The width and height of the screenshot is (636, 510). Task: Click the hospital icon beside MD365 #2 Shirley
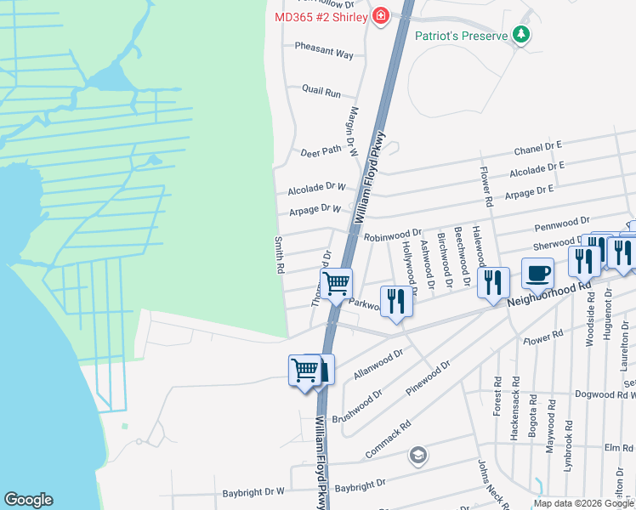click(381, 16)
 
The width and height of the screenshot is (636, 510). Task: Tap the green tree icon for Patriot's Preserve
click(521, 36)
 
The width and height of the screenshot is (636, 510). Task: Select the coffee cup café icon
click(537, 274)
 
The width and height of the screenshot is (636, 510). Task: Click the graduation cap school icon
click(417, 456)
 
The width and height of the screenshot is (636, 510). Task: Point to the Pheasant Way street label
click(324, 54)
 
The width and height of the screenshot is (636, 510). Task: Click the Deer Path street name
click(321, 151)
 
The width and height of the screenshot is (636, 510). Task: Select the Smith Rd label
click(278, 255)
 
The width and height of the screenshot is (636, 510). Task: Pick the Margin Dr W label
click(355, 129)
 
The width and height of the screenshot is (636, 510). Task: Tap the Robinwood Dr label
click(393, 234)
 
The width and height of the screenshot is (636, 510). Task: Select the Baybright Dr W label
click(253, 491)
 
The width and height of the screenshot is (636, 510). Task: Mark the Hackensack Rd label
click(514, 416)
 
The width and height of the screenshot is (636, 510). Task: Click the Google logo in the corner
click(28, 500)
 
